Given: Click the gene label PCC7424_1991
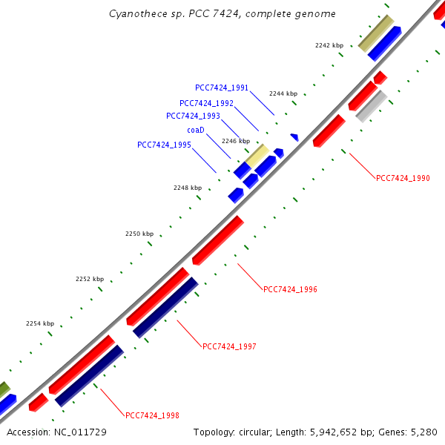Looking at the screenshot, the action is [222, 88].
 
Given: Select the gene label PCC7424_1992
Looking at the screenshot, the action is [206, 103].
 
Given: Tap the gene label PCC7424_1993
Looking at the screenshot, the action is [193, 116].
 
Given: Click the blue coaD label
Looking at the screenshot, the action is [195, 130].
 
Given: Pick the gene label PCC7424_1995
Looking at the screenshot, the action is [164, 145].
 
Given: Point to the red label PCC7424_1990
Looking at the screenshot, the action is [403, 178].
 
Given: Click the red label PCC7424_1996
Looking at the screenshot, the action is [290, 289].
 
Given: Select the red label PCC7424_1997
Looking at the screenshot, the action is [229, 346].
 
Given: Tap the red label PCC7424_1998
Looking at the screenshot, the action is [152, 415].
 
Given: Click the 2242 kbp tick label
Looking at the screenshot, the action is [329, 45].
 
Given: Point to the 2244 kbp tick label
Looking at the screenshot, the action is [283, 93].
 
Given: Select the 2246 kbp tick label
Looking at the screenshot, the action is [236, 141].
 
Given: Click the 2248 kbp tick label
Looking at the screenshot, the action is [188, 188].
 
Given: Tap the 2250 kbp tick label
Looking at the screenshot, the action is [139, 234].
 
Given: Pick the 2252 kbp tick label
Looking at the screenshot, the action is [90, 279].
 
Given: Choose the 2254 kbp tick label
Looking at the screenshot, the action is [40, 323].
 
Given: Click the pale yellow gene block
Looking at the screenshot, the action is [257, 156].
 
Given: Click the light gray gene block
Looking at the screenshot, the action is [371, 106].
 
